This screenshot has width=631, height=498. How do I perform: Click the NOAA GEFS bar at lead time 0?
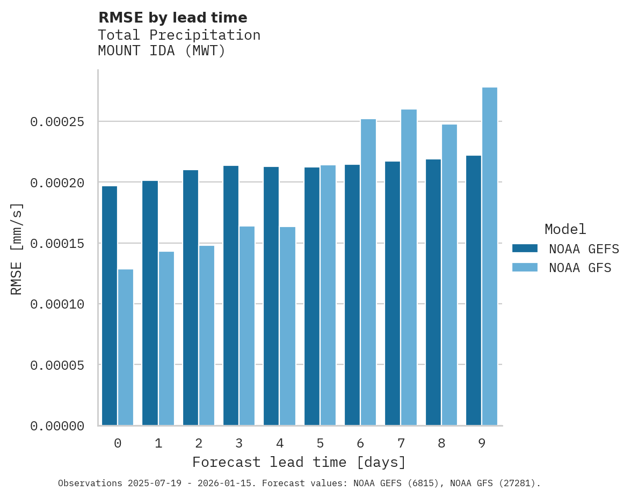tap(110, 306)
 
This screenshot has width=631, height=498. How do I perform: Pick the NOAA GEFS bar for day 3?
tap(231, 296)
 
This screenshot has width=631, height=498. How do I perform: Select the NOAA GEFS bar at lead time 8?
tap(433, 292)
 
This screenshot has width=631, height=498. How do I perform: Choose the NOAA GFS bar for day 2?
tap(207, 335)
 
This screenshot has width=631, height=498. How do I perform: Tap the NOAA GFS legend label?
tap(580, 267)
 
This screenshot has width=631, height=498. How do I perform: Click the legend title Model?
tap(565, 229)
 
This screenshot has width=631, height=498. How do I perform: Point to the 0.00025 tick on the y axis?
tap(57, 122)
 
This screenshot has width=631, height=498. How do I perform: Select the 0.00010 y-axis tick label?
tap(57, 304)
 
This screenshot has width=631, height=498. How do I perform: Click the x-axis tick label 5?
tap(320, 444)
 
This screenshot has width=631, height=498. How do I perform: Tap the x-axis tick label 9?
tap(482, 444)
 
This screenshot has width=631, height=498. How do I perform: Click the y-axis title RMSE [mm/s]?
tap(17, 248)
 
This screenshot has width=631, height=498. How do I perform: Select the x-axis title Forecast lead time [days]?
tap(299, 462)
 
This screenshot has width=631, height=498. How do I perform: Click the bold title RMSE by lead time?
tap(172, 18)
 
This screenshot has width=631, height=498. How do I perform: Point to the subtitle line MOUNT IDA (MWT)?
tap(162, 51)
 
